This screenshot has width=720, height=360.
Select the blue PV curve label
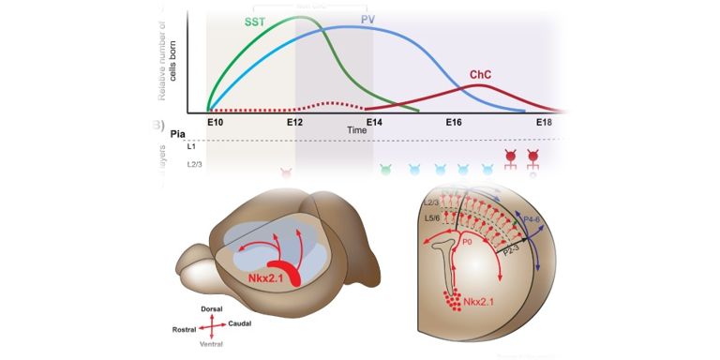pos(370,21)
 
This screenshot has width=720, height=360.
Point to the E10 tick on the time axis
pos(215,123)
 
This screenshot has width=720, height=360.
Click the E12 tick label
pos(295,123)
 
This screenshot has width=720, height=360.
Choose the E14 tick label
pos(374,123)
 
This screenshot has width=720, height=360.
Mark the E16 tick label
pos(454,123)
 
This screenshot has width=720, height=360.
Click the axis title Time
pos(356,130)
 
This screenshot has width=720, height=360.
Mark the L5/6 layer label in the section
pos(434,218)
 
